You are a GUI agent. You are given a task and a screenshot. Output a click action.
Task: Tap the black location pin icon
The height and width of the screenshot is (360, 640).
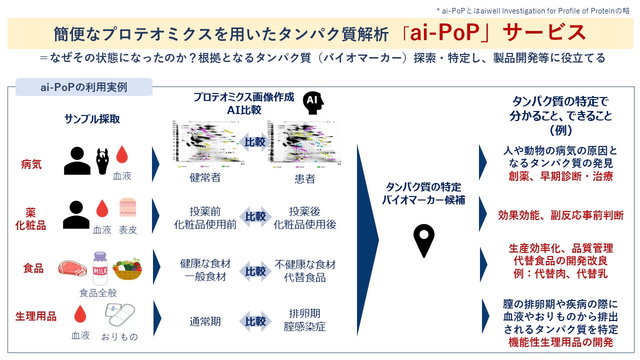pyautogui.click(x=423, y=240)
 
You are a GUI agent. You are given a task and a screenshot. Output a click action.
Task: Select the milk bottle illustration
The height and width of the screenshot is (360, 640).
pyautogui.click(x=100, y=268)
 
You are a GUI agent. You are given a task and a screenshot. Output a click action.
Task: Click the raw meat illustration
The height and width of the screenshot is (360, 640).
pyautogui.click(x=72, y=268)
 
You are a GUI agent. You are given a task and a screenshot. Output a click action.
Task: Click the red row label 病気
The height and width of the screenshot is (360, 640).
pyautogui.click(x=31, y=164)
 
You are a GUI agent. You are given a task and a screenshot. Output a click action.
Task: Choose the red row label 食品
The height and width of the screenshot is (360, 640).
pyautogui.click(x=33, y=268)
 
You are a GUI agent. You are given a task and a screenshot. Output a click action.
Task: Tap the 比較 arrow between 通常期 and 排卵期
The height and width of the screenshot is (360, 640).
pyautogui.click(x=255, y=321)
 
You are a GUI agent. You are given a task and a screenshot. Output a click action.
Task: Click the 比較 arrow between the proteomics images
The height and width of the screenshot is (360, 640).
pyautogui.click(x=255, y=142)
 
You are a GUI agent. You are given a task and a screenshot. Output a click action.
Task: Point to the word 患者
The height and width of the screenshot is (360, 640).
pyautogui.click(x=304, y=178)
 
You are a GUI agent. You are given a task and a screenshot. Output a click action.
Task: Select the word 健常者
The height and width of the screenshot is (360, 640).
pyautogui.click(x=205, y=177)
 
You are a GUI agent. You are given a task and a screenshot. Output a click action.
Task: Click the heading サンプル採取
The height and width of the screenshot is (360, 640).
pyautogui.click(x=92, y=119)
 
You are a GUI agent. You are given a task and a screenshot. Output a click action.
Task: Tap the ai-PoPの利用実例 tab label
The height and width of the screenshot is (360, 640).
pyautogui.click(x=83, y=87)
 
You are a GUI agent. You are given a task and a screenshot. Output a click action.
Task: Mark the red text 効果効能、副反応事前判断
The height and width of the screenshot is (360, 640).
pyautogui.click(x=560, y=215)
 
